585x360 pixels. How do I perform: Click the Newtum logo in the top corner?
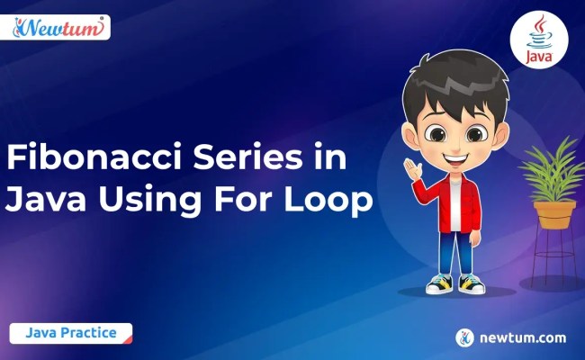point(60,28)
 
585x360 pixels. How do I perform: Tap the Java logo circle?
point(538,40)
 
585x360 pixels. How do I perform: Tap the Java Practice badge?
point(71,333)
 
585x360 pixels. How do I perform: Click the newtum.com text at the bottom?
point(524,337)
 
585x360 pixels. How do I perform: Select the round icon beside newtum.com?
point(464,337)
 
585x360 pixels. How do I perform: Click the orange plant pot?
point(553,214)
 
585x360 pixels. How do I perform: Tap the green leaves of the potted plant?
point(553,171)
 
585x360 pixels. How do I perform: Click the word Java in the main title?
point(40,201)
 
